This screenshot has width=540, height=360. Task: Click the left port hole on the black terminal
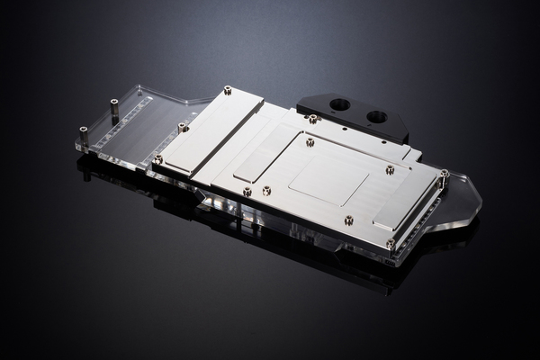point(339,104)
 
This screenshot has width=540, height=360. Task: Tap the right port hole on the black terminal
point(377,116)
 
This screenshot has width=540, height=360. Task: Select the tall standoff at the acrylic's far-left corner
point(84,134)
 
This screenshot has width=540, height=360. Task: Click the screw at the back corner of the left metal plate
point(227,90)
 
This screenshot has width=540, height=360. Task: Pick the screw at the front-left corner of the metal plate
point(158,159)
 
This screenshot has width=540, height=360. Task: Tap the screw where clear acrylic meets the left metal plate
point(183,127)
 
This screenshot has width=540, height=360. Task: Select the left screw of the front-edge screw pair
point(247,192)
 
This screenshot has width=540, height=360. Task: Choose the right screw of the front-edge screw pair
point(266,190)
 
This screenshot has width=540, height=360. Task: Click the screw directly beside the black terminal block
point(312,118)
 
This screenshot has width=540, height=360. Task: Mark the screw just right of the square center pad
point(390,169)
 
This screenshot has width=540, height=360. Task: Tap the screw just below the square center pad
point(348,220)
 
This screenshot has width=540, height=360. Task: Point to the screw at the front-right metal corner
point(391,243)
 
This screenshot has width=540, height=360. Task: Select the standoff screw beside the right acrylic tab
point(444,174)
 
